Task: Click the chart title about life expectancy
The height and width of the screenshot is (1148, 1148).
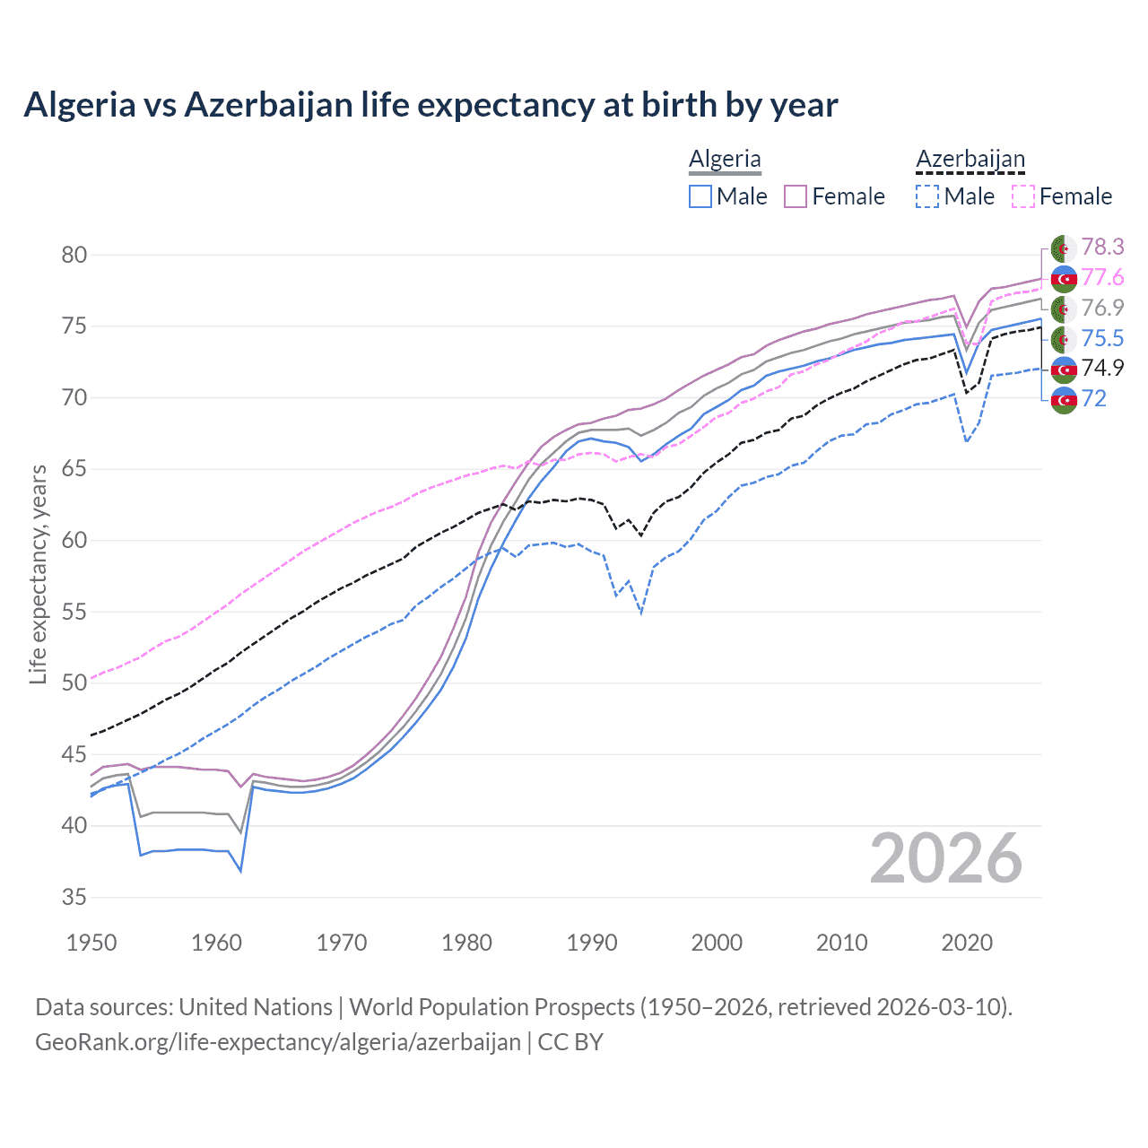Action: [x=430, y=105]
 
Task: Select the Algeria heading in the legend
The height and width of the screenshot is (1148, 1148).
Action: [x=725, y=159]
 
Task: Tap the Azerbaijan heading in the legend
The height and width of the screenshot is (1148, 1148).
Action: [x=970, y=159]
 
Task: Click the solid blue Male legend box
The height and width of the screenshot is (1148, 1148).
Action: [x=700, y=196]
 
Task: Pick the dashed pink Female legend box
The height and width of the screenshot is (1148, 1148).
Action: [x=1023, y=196]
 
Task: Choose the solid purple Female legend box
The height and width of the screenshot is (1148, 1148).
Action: [x=796, y=196]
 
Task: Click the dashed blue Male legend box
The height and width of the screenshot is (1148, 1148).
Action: [x=927, y=196]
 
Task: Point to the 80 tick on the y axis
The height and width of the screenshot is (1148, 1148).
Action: [x=74, y=255]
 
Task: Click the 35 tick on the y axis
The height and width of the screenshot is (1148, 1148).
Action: [x=74, y=897]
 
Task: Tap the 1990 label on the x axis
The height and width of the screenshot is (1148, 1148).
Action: [x=592, y=943]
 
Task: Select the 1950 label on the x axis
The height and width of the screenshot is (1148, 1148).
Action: [x=92, y=943]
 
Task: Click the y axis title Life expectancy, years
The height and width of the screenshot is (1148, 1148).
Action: [x=38, y=574]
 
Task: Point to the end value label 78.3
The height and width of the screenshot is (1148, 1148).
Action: [x=1102, y=247]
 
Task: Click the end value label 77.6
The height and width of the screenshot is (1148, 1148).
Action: [x=1102, y=277]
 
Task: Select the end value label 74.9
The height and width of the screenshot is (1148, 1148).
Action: [x=1102, y=368]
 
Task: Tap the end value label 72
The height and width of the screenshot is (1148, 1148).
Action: [x=1094, y=398]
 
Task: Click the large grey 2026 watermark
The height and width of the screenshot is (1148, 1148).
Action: [x=946, y=858]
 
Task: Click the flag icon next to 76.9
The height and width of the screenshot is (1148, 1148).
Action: [x=1064, y=309]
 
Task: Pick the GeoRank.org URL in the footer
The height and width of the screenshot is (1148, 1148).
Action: [x=278, y=1042]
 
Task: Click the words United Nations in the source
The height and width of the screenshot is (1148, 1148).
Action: [x=256, y=1006]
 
